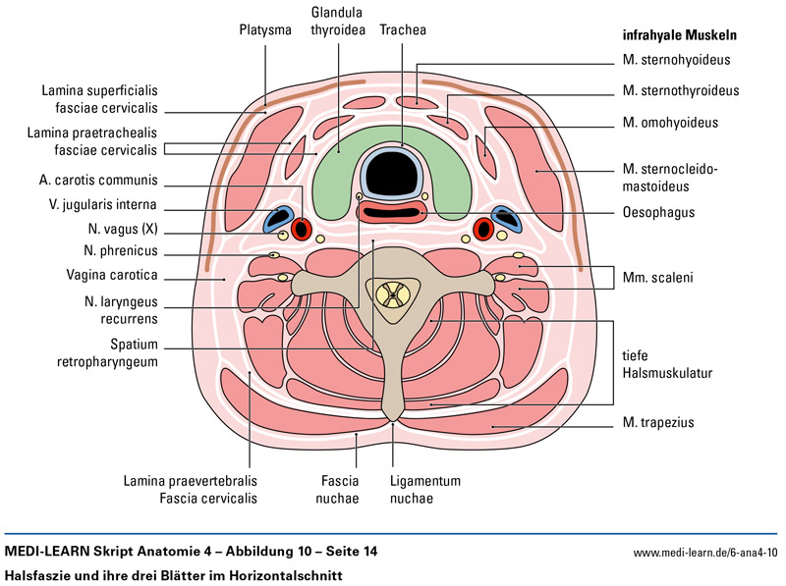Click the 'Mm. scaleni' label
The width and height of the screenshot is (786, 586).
click(657, 278)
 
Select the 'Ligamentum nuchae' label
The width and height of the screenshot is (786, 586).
click(423, 490)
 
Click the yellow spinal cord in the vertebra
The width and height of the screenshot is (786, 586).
click(393, 293)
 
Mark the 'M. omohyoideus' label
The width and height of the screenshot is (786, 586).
click(670, 124)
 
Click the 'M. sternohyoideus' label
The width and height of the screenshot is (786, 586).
click(676, 60)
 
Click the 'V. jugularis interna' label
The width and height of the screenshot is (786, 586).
click(101, 206)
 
